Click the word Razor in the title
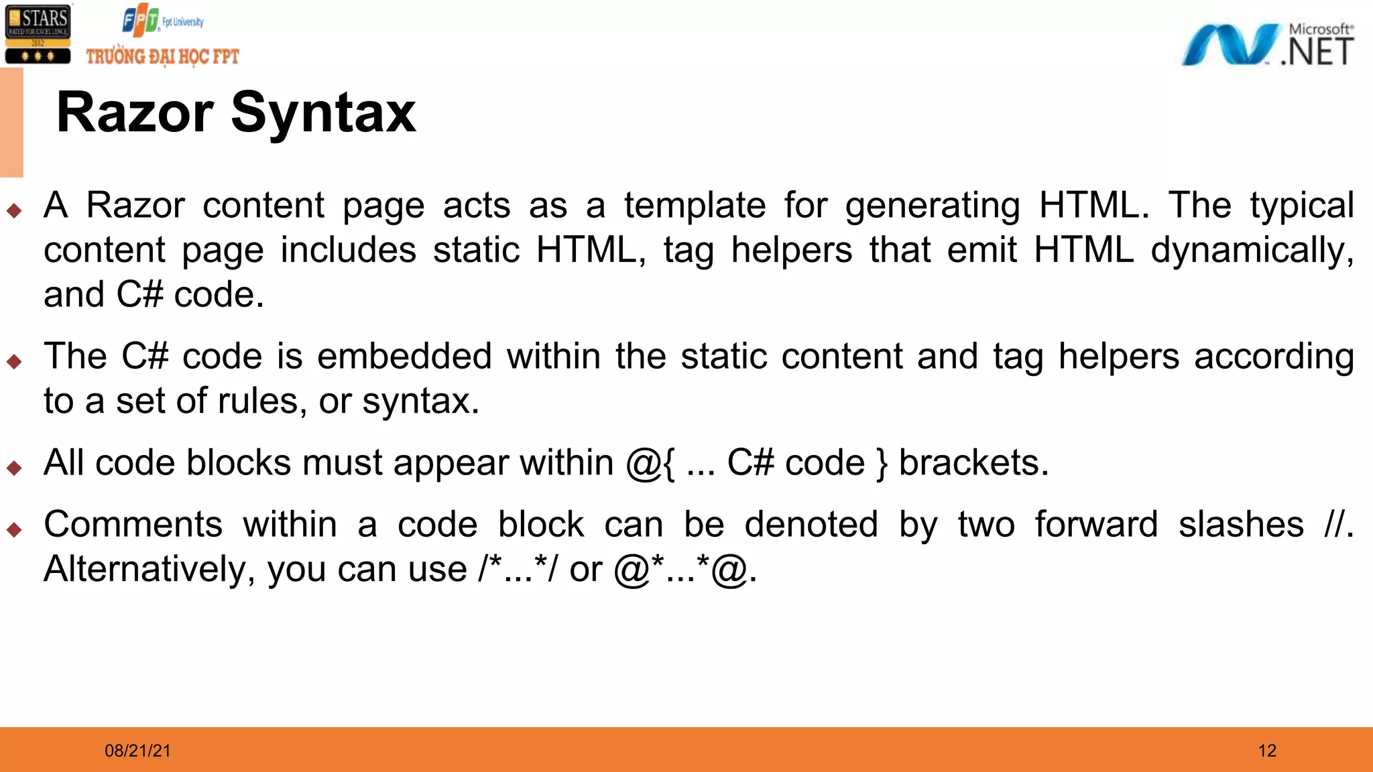pyautogui.click(x=135, y=113)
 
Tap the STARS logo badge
pyautogui.click(x=38, y=34)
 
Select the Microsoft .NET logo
pyautogui.click(x=1267, y=45)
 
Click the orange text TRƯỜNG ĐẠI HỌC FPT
pyautogui.click(x=162, y=57)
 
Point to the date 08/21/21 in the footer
pyautogui.click(x=137, y=751)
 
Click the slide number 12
pyautogui.click(x=1267, y=751)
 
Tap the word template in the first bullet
pyautogui.click(x=695, y=205)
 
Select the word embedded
pyautogui.click(x=404, y=356)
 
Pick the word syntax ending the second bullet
pyautogui.click(x=420, y=401)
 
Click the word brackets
pyautogui.click(x=973, y=462)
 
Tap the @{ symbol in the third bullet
pyautogui.click(x=650, y=463)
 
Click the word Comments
pyautogui.click(x=133, y=524)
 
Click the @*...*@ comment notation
pyautogui.click(x=684, y=569)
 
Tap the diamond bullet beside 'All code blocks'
pyautogui.click(x=14, y=467)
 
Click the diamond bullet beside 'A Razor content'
pyautogui.click(x=14, y=210)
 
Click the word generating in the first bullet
pyautogui.click(x=932, y=206)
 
